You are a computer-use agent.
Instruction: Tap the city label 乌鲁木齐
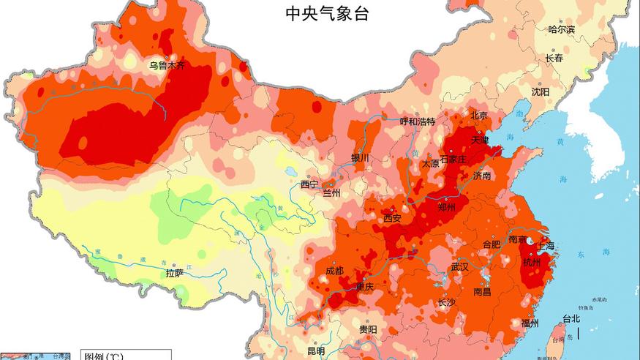pos(167,65)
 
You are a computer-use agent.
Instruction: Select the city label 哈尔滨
pos(562,29)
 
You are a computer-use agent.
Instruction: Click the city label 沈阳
pos(540,91)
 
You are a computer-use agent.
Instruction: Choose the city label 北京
pos(479,115)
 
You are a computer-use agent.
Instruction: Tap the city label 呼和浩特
pos(418,121)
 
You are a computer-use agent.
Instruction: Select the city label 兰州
pos(332,193)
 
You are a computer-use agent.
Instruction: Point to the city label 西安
pos(393,217)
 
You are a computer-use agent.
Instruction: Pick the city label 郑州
pos(446,207)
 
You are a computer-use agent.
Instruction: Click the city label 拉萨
pos(174,273)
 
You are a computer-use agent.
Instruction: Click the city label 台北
pos(571,318)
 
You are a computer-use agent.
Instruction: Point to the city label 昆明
pos(316,351)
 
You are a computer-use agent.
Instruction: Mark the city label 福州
pos(530,323)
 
